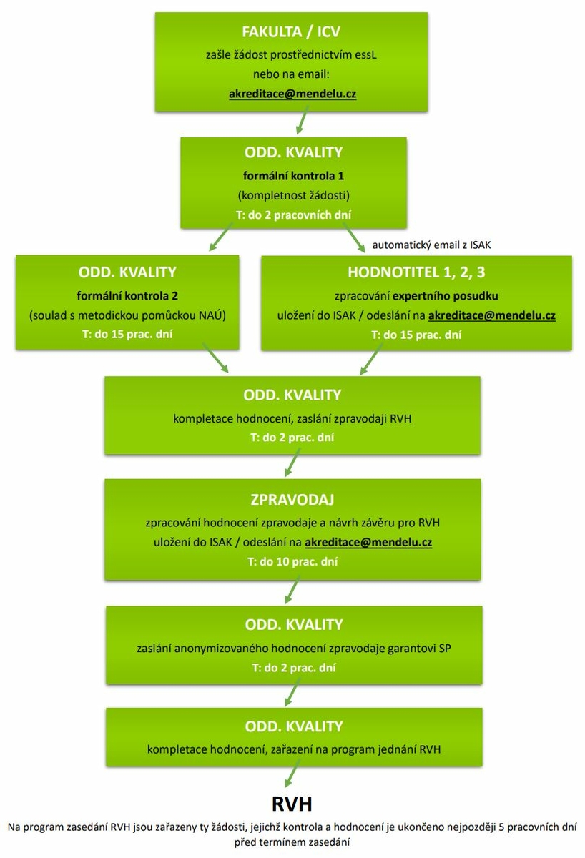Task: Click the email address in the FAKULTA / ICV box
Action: [x=292, y=94]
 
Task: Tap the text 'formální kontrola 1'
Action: [x=292, y=174]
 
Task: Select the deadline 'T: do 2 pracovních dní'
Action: [x=292, y=214]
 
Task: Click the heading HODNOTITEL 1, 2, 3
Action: [x=416, y=272]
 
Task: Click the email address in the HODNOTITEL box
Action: [x=492, y=315]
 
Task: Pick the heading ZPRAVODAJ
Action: [x=292, y=498]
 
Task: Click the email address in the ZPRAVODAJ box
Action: [x=368, y=542]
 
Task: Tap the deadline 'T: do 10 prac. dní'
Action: [x=292, y=561]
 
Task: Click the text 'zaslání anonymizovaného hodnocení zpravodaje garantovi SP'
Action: [x=292, y=649]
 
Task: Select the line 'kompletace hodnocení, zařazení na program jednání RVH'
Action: [x=292, y=749]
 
